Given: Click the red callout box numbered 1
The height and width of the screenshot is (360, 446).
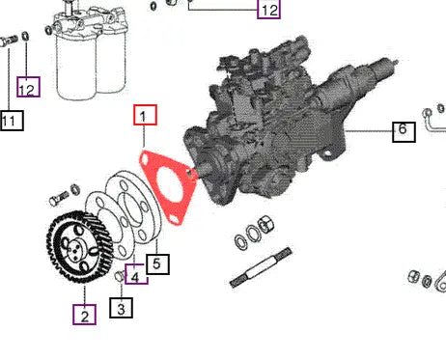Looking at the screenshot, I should [143, 117].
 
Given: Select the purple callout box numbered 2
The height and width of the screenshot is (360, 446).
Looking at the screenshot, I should [84, 314].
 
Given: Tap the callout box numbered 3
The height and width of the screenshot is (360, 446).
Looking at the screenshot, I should [121, 309].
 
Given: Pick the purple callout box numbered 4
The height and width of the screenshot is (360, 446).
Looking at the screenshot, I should [136, 276].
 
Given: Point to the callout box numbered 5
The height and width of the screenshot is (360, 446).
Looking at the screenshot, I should [158, 263].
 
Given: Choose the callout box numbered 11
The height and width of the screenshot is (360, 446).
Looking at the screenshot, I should [11, 121].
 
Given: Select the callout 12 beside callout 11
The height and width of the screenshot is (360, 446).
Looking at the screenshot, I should [30, 89].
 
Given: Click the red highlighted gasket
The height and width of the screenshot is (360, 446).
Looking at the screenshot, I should [169, 186].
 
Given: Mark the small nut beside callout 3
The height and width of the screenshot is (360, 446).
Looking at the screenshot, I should [119, 280].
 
